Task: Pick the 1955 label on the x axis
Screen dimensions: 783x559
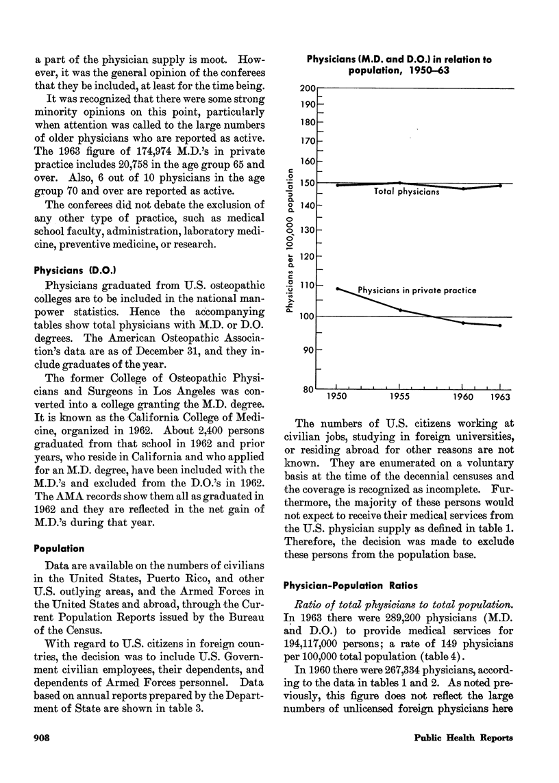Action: click(x=401, y=397)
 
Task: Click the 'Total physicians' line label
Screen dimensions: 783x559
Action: click(x=407, y=192)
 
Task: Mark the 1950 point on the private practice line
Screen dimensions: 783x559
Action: click(x=337, y=288)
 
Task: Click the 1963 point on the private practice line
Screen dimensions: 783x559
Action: click(x=500, y=325)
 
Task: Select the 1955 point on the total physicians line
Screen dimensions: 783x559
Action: click(x=401, y=183)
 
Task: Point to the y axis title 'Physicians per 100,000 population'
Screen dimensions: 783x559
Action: click(x=290, y=241)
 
